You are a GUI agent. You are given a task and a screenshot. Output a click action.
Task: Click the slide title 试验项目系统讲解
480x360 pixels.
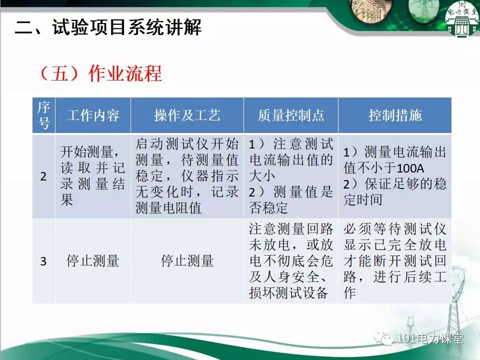point(126,27)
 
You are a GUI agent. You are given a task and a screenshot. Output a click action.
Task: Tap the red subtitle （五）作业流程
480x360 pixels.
point(100,73)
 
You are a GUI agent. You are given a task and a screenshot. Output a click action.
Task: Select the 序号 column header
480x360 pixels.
point(44,115)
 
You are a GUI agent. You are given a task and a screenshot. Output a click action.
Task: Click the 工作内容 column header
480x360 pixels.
point(93,115)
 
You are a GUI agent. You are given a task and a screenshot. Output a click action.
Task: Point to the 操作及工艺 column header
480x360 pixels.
point(187,115)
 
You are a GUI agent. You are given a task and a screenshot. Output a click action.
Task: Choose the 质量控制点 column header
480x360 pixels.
point(291,115)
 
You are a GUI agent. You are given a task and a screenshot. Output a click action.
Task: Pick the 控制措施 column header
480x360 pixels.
point(395,115)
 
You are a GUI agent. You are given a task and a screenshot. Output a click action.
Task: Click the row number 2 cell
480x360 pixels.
point(44,176)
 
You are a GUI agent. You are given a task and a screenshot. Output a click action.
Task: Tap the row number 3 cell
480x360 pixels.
point(44,261)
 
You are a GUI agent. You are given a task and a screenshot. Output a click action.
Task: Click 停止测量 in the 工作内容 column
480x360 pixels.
point(93,261)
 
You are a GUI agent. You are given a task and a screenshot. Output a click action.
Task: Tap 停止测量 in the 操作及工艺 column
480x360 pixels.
point(187,261)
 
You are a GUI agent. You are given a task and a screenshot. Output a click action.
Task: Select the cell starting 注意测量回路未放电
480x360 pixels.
point(291,261)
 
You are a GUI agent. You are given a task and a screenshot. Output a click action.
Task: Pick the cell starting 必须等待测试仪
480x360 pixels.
point(395,261)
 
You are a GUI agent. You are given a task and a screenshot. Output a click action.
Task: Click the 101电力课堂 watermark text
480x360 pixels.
point(430,338)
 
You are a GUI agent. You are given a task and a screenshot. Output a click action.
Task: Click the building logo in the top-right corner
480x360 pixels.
point(462,19)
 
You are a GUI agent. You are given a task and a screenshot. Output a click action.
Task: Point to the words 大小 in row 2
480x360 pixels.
point(261,176)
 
